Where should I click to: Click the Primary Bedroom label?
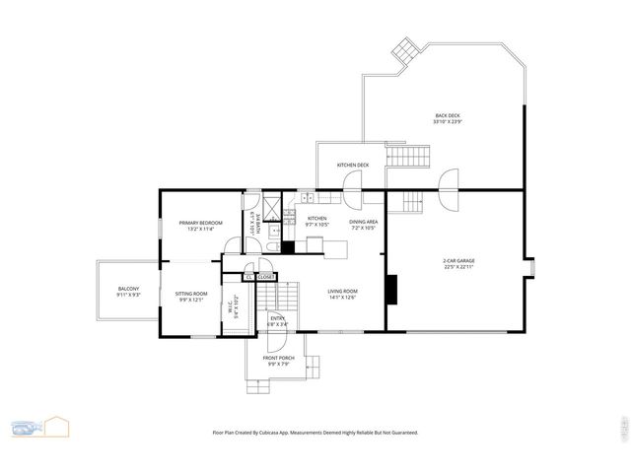click(x=200, y=224)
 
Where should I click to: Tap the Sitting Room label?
click(x=191, y=294)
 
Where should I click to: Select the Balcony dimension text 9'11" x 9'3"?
click(x=129, y=295)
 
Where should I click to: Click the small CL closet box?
click(x=250, y=278)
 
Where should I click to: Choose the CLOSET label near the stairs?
click(x=266, y=278)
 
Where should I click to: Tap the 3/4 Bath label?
click(x=253, y=223)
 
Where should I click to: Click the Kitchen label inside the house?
click(x=316, y=218)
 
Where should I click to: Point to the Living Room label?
click(x=342, y=291)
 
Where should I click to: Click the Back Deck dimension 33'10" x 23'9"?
click(x=447, y=121)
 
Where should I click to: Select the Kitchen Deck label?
click(x=352, y=165)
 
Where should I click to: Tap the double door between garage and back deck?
click(x=449, y=188)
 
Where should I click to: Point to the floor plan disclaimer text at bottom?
click(x=315, y=433)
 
